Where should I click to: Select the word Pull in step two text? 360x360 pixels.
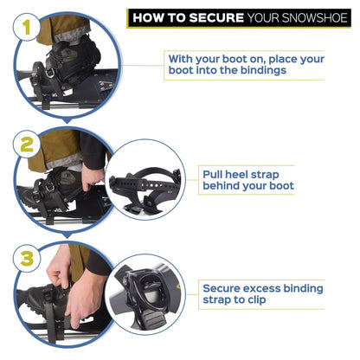pyautogui.click(x=215, y=172)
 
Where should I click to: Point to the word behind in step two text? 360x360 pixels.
pyautogui.click(x=224, y=185)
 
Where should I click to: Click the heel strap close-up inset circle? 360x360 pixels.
pyautogui.click(x=145, y=178)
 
